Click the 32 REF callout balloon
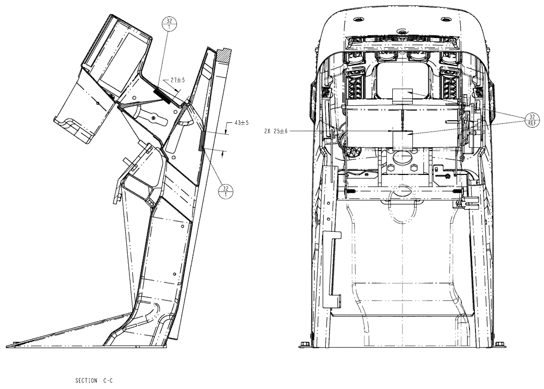[533, 120]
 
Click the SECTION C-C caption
[96, 381]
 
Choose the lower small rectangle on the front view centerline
[401, 139]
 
